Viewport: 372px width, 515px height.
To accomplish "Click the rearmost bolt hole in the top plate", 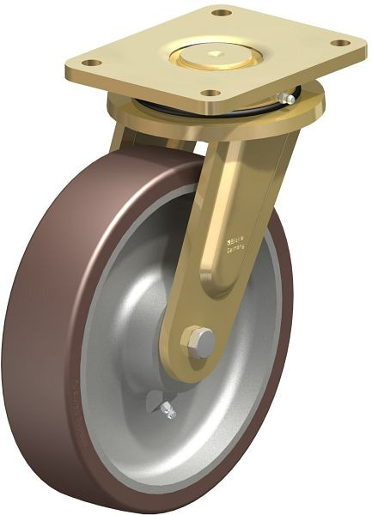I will point(222,14).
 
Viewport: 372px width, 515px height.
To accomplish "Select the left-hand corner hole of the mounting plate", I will point(93,62).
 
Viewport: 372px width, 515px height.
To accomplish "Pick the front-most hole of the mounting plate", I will point(209,93).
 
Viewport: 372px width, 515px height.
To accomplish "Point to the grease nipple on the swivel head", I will point(290,99).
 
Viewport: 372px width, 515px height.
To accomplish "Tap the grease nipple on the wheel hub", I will point(168,412).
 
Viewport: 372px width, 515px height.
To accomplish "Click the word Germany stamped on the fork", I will point(237,249).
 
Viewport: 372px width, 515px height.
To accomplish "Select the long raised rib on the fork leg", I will point(222,215).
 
